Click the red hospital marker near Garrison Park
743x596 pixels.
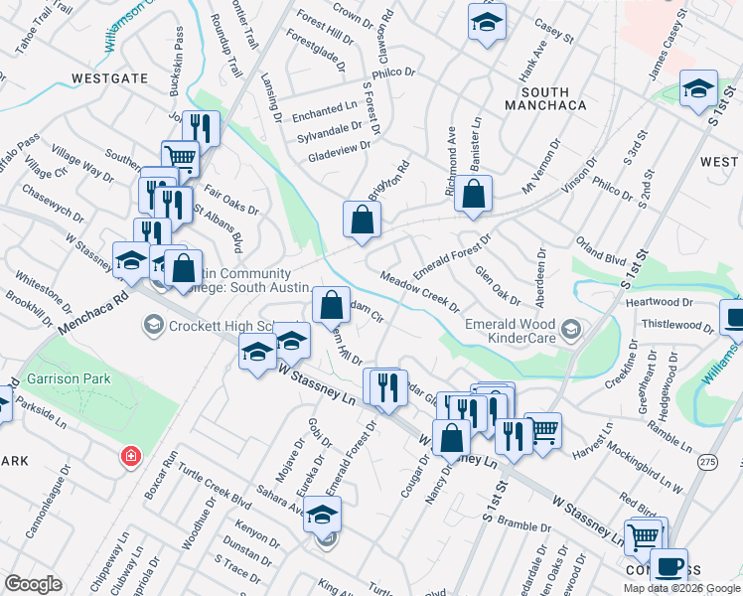[x=129, y=456]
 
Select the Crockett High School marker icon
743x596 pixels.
[x=153, y=325]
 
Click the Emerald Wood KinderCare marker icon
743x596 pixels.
[x=569, y=328]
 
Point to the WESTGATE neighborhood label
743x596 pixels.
[x=109, y=77]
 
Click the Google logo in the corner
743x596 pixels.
[x=33, y=584]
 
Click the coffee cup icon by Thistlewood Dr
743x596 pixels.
[x=734, y=319]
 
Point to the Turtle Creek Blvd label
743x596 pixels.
[x=215, y=497]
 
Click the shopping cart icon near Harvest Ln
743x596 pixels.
[x=543, y=430]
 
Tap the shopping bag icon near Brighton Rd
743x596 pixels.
[x=362, y=221]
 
